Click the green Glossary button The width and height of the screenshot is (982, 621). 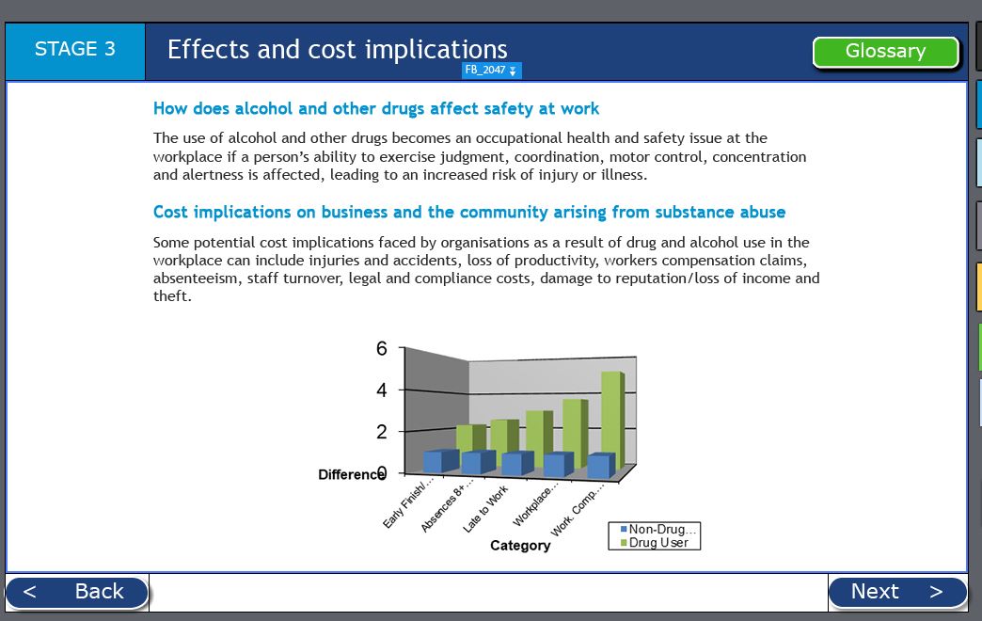point(885,52)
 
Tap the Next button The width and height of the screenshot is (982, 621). point(897,592)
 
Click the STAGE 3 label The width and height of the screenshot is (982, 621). point(75,50)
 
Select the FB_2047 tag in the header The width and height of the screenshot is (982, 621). point(492,71)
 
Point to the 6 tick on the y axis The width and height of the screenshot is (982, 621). point(381,348)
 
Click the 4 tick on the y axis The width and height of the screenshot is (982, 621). point(381,390)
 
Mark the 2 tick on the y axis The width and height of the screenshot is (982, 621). point(381,432)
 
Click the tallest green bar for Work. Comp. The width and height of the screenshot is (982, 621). point(613,422)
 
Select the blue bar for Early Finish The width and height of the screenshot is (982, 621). point(441,461)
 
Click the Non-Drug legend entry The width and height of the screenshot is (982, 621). point(658,530)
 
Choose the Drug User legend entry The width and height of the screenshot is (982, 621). point(655,543)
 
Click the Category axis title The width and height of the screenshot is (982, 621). point(520,546)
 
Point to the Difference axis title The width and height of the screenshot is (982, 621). point(352,475)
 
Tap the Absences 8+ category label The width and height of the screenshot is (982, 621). point(447,505)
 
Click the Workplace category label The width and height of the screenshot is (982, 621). point(534,504)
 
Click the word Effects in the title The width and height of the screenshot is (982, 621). point(209,50)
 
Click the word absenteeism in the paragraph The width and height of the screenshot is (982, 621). point(196,279)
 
